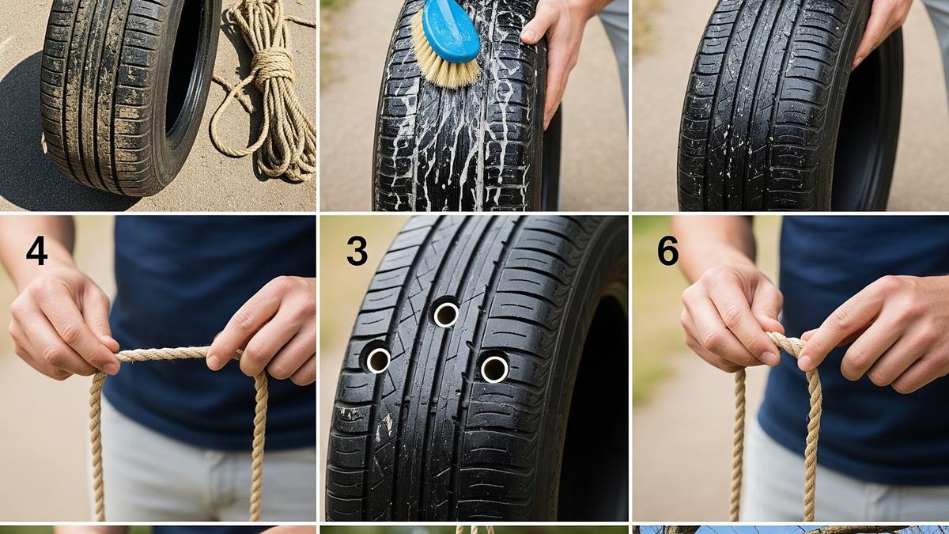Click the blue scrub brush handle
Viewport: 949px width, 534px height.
(451, 31)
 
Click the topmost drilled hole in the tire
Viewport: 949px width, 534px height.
(446, 314)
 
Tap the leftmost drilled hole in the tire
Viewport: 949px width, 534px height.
(378, 360)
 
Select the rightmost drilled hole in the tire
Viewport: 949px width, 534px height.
(494, 369)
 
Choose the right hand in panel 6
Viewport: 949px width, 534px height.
(873, 335)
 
